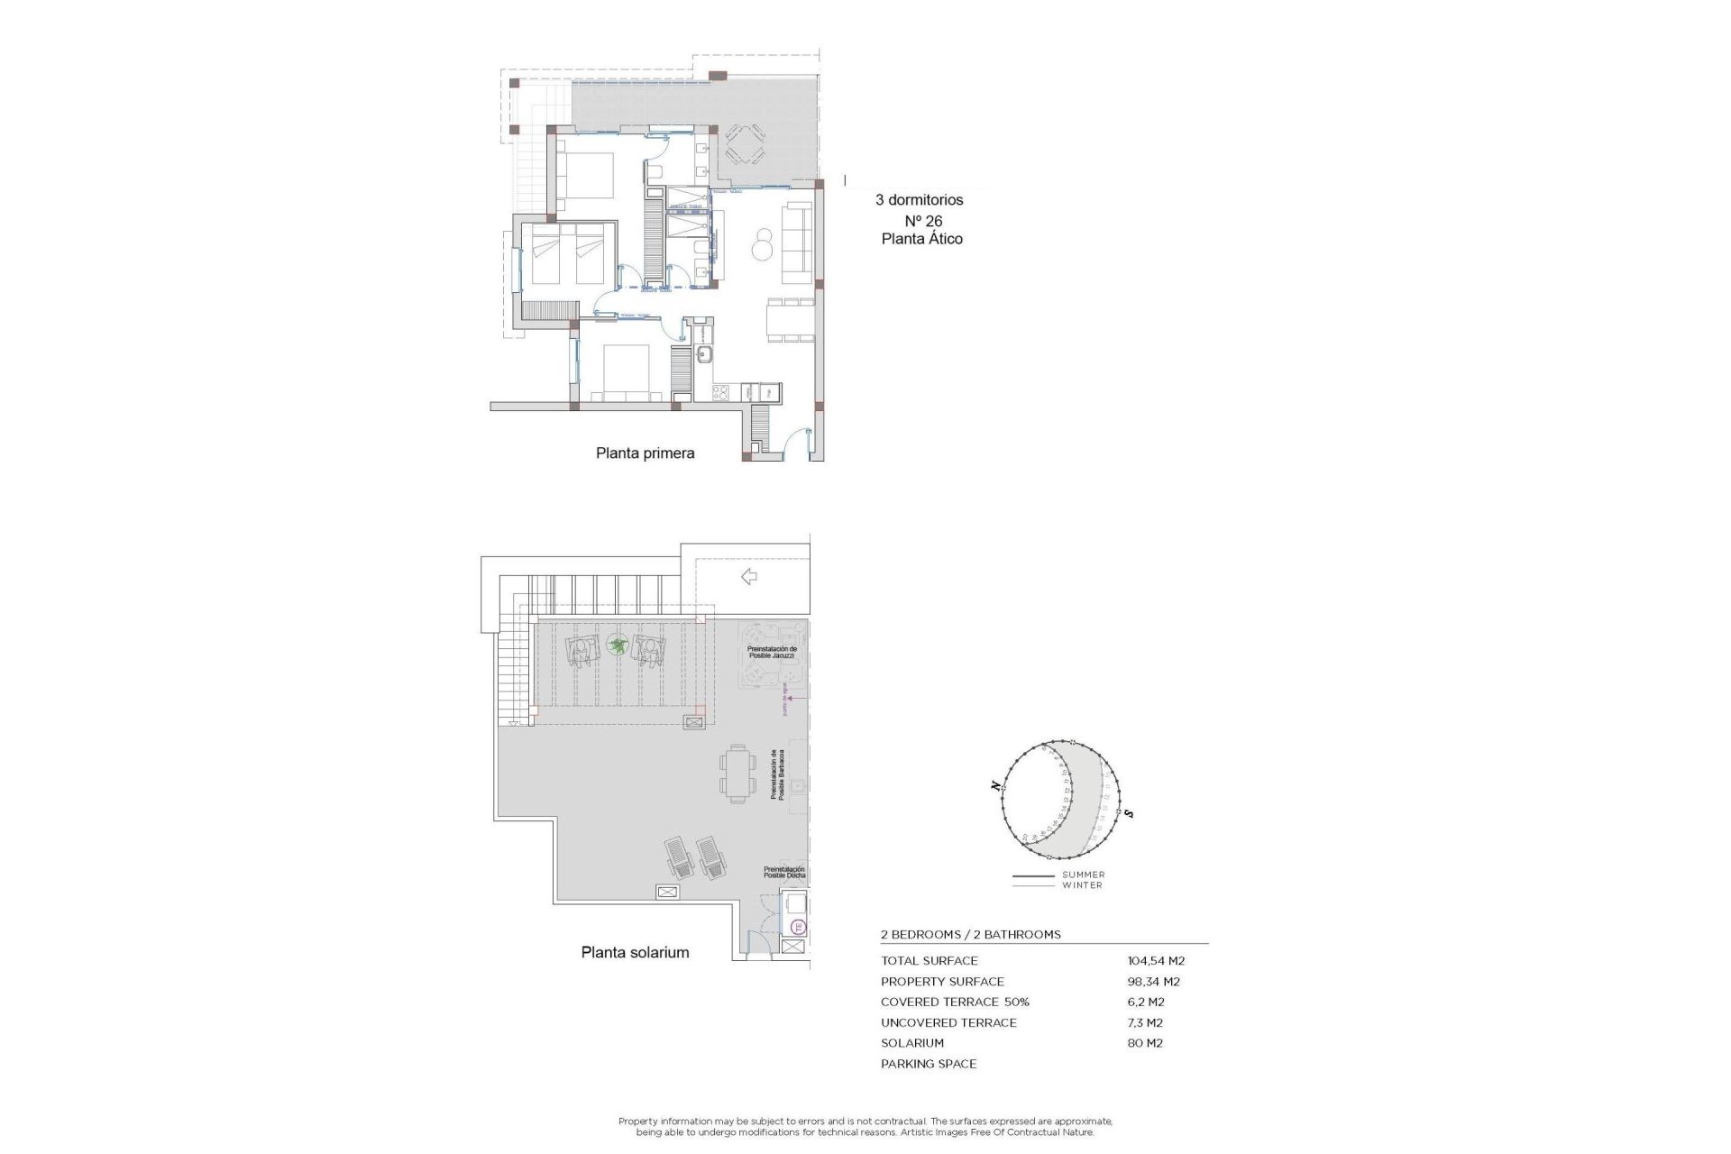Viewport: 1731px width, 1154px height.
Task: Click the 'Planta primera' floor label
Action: (x=645, y=453)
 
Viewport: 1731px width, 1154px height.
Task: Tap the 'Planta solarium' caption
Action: (x=635, y=952)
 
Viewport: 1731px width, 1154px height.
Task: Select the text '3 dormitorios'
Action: (x=919, y=200)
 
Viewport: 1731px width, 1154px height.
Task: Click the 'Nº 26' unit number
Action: (x=923, y=221)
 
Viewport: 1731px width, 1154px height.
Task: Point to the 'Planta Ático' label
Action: (x=921, y=239)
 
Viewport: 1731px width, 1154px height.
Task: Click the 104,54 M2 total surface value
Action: (x=1156, y=961)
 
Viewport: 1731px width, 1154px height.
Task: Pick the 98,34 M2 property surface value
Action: (x=1153, y=982)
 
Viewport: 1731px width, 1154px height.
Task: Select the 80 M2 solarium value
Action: (x=1145, y=1043)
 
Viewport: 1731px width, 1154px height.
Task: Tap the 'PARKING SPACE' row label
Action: (x=929, y=1064)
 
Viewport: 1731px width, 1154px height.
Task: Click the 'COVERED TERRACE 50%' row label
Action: (x=955, y=1002)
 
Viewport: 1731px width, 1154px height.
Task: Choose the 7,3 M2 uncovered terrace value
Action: (x=1145, y=1022)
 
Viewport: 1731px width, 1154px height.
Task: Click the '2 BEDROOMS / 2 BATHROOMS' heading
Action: (x=970, y=935)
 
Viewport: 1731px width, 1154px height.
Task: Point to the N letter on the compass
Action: (x=995, y=785)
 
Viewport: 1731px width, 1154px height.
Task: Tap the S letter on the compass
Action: (x=1129, y=814)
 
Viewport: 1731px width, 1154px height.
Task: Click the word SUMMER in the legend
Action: (x=1083, y=875)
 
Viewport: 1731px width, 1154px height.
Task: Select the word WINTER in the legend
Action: (x=1082, y=885)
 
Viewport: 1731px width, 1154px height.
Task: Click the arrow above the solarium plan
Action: (x=748, y=577)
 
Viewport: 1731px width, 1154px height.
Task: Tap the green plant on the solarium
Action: (x=617, y=645)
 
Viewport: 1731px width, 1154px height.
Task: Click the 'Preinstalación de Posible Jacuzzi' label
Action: (x=772, y=652)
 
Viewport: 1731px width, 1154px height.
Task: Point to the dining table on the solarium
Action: (x=737, y=774)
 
